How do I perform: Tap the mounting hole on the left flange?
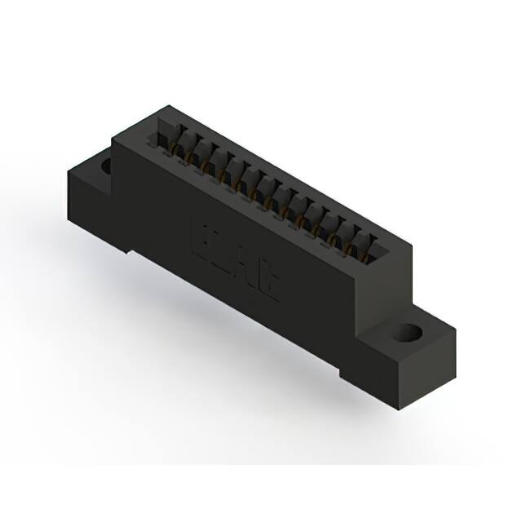(x=105, y=165)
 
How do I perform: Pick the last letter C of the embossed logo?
(x=268, y=281)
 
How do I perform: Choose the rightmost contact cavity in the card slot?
(x=369, y=246)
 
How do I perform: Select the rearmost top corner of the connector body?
(x=168, y=105)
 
